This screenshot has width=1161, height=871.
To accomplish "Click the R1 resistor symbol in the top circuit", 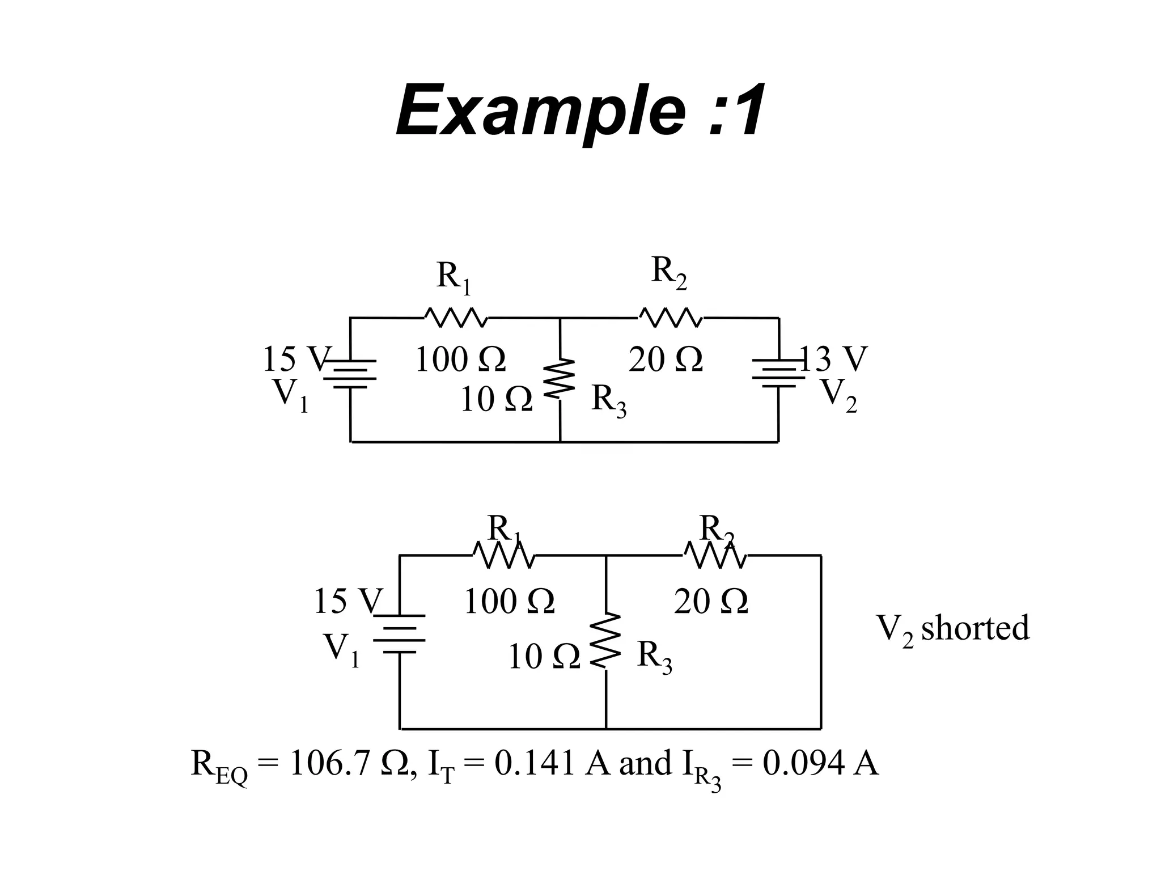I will coord(455,318).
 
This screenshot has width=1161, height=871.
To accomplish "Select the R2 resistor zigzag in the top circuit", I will coord(671,318).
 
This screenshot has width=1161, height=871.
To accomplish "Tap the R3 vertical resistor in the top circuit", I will coord(560,378).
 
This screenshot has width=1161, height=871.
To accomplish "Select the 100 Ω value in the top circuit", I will coord(460,360).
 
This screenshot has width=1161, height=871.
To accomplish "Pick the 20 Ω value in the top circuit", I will coord(666,360).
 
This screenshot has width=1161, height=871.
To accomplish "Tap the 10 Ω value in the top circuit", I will coord(495,399).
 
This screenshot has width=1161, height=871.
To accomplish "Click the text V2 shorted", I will coord(952,629).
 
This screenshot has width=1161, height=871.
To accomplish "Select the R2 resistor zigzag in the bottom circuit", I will coord(715,555).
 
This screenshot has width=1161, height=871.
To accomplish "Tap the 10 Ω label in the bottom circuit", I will coord(544,657).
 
